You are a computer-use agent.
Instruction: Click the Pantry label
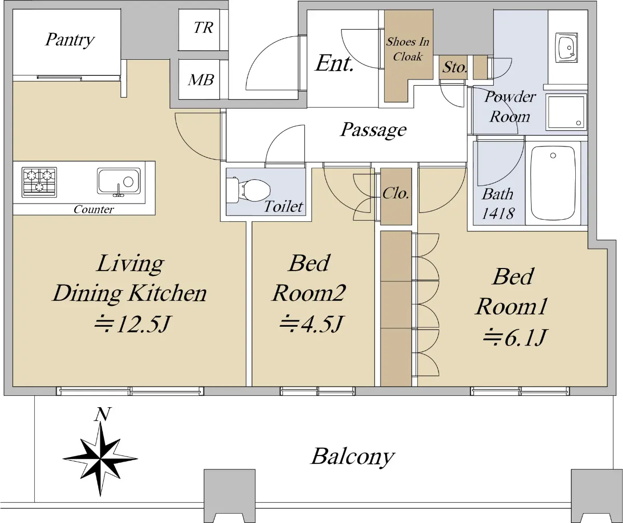[x=70, y=39]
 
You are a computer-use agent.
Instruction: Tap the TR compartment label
[x=203, y=28]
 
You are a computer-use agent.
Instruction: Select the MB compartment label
[x=201, y=80]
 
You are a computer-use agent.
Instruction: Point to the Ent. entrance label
[x=334, y=63]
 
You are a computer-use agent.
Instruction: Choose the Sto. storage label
[x=454, y=67]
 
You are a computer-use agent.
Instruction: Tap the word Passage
[x=374, y=130]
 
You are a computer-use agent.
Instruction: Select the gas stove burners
[x=39, y=182]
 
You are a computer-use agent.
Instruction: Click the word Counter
[x=93, y=209]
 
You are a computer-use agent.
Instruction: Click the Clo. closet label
[x=396, y=194]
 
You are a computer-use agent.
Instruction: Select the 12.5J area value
[x=132, y=324]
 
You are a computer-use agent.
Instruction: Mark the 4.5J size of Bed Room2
[x=310, y=324]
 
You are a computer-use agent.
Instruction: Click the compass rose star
[x=101, y=458]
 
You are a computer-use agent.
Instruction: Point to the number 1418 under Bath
[x=498, y=213]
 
